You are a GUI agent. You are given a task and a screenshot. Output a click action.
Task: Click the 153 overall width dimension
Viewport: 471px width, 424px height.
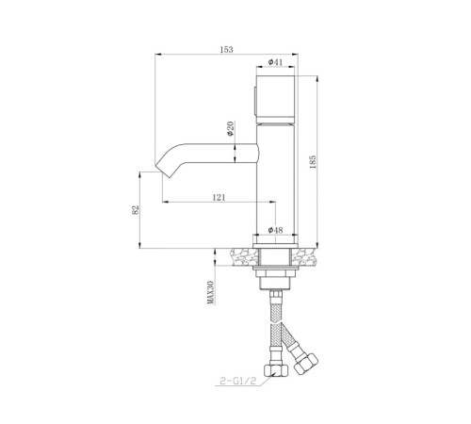(x=226, y=50)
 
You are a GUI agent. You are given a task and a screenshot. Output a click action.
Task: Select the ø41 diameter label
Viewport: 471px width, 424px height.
(x=275, y=62)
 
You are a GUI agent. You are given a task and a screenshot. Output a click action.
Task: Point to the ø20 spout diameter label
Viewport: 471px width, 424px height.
(x=230, y=129)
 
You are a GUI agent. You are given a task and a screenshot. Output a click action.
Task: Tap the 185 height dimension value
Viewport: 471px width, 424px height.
(x=313, y=162)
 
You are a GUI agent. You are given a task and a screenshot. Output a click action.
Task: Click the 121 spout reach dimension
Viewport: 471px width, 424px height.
(x=219, y=197)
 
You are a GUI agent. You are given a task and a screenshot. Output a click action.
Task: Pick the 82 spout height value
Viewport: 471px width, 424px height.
(x=135, y=210)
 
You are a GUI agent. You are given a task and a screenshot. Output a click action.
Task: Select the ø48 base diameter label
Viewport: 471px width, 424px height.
(x=275, y=230)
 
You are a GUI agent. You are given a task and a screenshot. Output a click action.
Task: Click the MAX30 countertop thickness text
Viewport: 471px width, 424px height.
(x=211, y=292)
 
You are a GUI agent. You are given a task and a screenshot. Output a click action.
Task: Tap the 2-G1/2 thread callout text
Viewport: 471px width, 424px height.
(x=238, y=382)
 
